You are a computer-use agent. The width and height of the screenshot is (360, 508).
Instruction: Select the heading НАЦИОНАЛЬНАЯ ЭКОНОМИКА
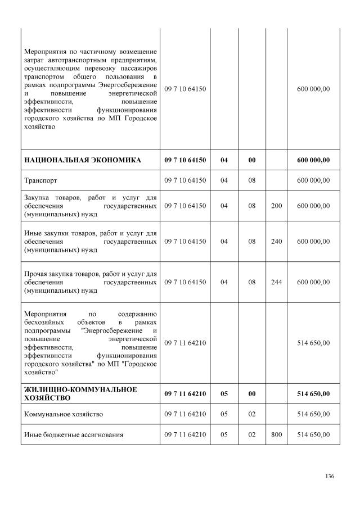coord(83,160)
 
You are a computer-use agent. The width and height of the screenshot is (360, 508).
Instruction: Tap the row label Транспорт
coord(41,180)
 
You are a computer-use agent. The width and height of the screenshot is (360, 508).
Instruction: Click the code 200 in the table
coord(276,206)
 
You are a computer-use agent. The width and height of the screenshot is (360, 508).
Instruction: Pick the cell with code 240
coord(276,241)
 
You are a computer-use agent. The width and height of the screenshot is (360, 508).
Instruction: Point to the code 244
coord(276,282)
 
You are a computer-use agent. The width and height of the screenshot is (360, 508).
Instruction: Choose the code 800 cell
coord(276,434)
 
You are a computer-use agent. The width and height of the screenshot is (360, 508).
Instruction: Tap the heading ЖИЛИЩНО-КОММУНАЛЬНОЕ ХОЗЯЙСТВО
coord(80,393)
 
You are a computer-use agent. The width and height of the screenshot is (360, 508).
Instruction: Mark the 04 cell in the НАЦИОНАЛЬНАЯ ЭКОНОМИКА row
coord(224,160)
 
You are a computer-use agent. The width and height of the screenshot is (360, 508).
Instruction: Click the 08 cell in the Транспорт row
coord(251,180)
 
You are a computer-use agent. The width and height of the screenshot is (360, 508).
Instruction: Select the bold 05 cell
coord(224,394)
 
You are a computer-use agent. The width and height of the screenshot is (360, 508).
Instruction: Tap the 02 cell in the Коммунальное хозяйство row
coord(251,414)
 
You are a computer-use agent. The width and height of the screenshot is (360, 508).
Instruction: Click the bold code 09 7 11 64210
coord(185,394)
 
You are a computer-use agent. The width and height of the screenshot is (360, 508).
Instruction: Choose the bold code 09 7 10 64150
coord(185,160)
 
